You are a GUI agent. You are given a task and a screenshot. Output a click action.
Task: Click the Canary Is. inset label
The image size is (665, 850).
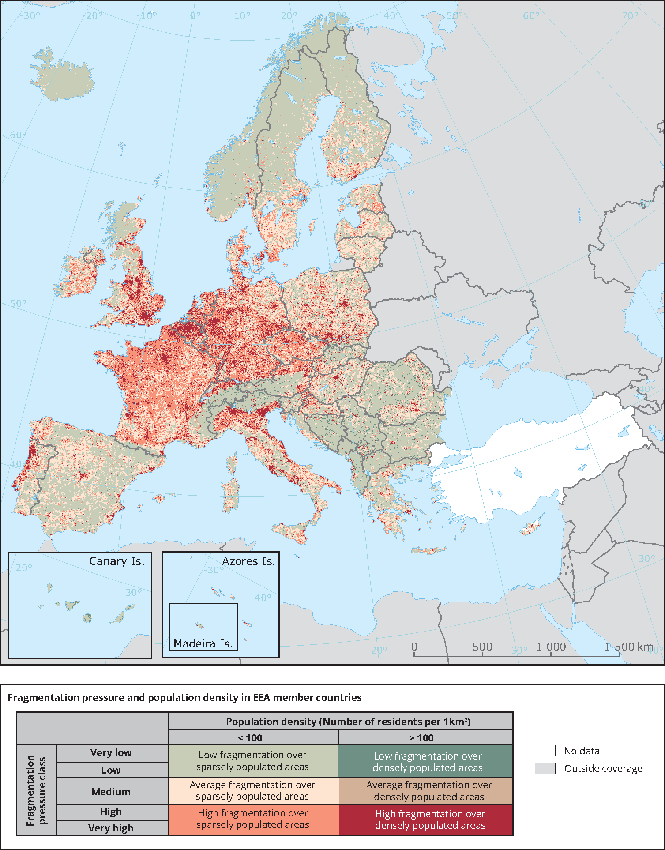click(x=116, y=561)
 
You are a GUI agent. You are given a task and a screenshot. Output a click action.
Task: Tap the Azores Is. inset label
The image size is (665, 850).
click(x=248, y=561)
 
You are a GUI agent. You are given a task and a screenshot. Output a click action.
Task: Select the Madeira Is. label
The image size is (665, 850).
click(x=203, y=643)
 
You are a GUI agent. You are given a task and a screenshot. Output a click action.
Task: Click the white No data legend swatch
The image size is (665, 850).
click(x=545, y=750)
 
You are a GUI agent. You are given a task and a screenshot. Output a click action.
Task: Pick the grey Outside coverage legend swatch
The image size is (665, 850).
click(x=545, y=768)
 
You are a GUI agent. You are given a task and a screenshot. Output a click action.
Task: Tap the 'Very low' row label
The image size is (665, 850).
click(x=111, y=753)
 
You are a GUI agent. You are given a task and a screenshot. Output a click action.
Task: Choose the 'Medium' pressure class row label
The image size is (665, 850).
click(x=111, y=792)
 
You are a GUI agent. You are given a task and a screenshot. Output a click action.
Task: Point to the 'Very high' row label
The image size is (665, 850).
click(x=111, y=828)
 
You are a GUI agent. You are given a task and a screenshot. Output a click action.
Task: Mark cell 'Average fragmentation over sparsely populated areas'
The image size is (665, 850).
click(x=253, y=790)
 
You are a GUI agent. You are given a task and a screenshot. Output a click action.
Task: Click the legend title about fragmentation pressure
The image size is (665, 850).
click(x=184, y=698)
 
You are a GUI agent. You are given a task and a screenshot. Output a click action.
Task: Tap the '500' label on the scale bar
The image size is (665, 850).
click(x=482, y=647)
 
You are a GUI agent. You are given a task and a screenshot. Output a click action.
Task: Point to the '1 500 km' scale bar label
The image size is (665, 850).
click(x=628, y=647)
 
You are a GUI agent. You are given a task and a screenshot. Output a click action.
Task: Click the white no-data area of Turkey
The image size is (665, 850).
click(x=530, y=459)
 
